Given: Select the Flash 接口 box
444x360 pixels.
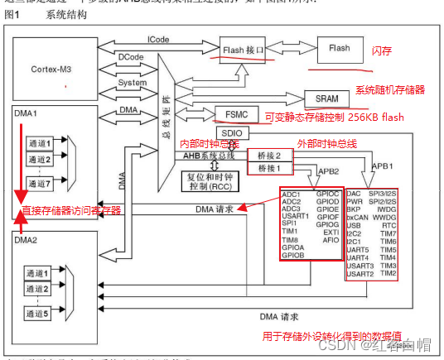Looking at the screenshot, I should click(244, 50).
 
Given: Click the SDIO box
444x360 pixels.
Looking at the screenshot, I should click(230, 133).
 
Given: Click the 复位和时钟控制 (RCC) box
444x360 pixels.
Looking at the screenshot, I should click(210, 179).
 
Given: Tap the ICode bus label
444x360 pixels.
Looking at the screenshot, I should click(159, 40).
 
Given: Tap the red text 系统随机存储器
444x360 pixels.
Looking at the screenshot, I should click(390, 89).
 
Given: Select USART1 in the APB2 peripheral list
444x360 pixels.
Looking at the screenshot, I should click(296, 216).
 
